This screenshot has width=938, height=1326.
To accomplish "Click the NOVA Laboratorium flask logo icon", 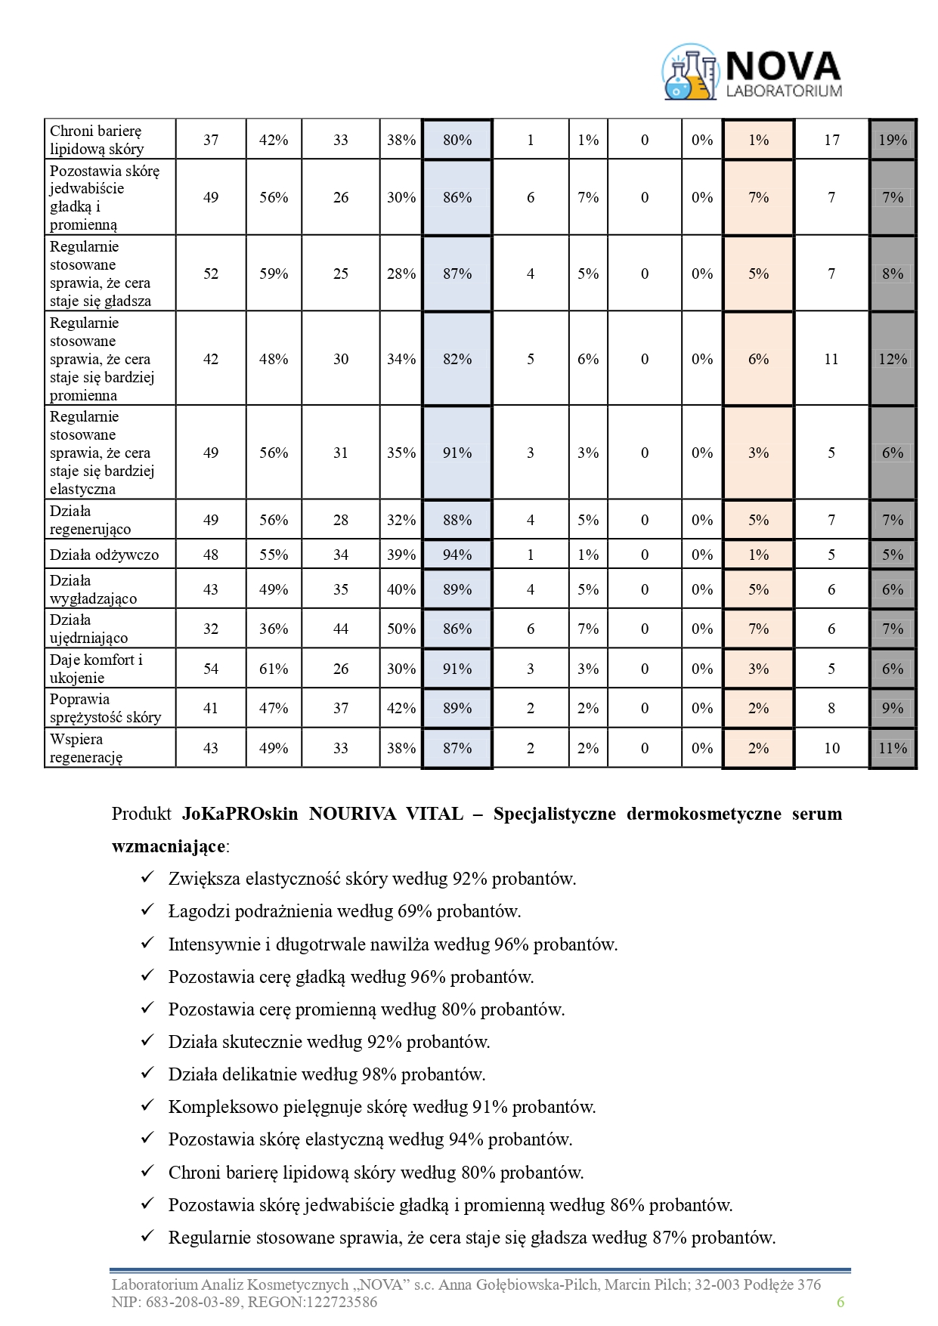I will (x=689, y=73).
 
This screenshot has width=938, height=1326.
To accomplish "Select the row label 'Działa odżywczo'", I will (x=104, y=555).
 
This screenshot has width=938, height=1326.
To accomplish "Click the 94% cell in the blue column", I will (x=457, y=555).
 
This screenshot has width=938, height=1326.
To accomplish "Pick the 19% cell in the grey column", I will (x=893, y=140).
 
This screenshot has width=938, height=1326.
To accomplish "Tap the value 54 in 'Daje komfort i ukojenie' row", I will (x=211, y=669).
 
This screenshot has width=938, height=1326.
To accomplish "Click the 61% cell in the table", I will (x=274, y=669).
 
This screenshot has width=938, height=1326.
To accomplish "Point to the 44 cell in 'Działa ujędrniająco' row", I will (x=341, y=629).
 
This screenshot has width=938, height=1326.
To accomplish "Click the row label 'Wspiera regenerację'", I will (x=86, y=748).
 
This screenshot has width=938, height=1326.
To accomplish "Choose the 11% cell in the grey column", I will (x=893, y=748).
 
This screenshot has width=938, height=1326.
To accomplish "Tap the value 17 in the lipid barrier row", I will (x=831, y=140).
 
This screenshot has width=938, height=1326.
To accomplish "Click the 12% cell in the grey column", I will (x=893, y=359).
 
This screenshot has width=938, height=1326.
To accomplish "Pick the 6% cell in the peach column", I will (x=758, y=359).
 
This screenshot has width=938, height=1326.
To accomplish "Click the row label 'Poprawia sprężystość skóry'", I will (x=105, y=708).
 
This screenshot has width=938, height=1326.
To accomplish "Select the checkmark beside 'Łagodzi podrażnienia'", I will (x=147, y=910).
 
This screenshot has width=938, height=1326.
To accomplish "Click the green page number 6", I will (x=840, y=1302).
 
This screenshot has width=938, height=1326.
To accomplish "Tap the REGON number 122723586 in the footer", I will (x=340, y=1302).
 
